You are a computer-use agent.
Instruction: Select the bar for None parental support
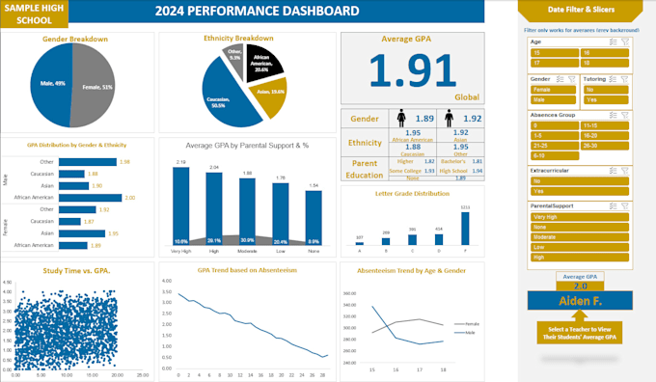[314, 219]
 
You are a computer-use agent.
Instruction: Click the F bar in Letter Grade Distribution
[465, 227]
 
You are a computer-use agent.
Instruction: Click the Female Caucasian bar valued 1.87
[77, 221]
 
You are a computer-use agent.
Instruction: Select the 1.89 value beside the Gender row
[422, 118]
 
